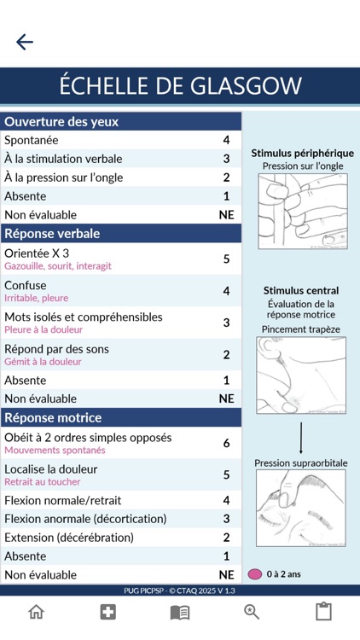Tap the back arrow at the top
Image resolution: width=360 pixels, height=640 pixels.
(x=25, y=42)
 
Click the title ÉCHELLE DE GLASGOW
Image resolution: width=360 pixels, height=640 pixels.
(x=180, y=85)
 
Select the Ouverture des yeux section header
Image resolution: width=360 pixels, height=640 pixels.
(x=61, y=121)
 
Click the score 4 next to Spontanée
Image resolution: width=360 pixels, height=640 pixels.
(x=226, y=140)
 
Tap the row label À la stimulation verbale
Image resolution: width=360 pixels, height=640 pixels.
(x=63, y=159)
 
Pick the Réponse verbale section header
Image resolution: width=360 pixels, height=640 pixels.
(x=52, y=233)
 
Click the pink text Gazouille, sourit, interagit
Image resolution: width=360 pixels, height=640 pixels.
(x=57, y=266)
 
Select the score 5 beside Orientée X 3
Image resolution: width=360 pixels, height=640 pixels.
(x=226, y=259)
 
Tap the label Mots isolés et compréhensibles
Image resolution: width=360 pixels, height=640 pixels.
(x=83, y=317)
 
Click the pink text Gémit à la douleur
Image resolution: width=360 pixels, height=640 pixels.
(x=43, y=362)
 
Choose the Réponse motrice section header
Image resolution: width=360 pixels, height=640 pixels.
(x=53, y=417)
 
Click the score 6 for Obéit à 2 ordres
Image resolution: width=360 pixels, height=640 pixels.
(x=226, y=443)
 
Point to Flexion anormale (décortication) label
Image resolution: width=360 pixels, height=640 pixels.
(x=85, y=519)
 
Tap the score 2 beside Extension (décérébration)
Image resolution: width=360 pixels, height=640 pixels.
(x=226, y=538)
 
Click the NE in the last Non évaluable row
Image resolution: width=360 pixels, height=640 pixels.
(x=226, y=575)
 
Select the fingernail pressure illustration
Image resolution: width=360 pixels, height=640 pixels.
(x=302, y=211)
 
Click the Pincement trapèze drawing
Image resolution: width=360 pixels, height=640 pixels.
(x=301, y=375)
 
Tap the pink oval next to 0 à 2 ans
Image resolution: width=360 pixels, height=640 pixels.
(x=254, y=574)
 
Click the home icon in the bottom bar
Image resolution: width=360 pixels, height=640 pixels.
(x=36, y=612)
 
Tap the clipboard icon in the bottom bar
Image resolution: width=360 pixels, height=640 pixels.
(x=323, y=612)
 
